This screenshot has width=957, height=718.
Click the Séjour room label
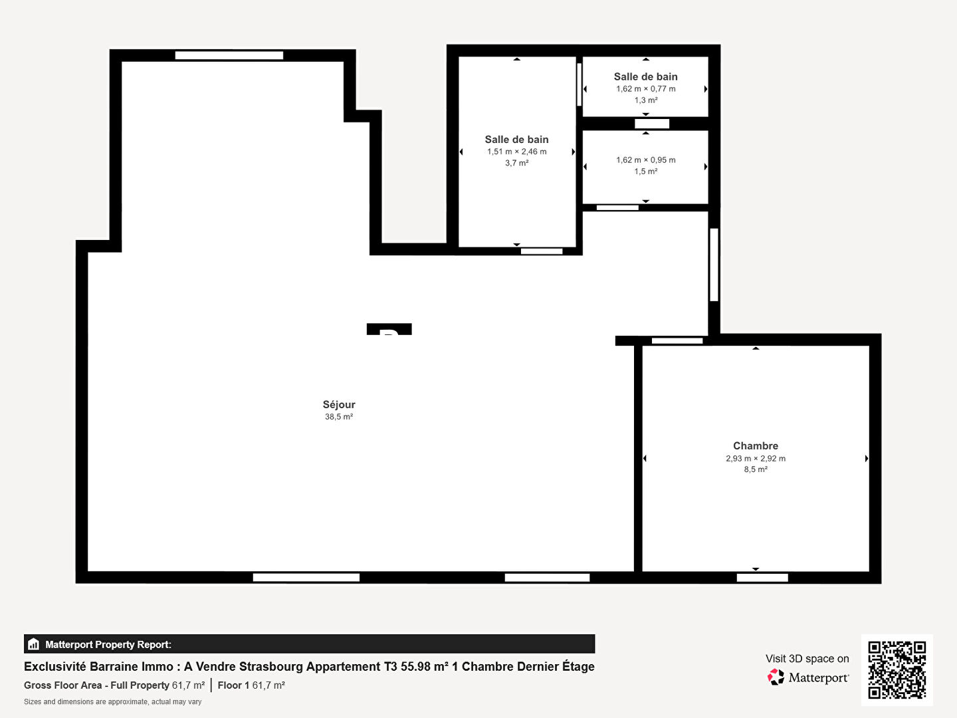pyautogui.click(x=339, y=405)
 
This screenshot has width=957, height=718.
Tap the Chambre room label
pyautogui.click(x=756, y=445)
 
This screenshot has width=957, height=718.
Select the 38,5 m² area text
pyautogui.click(x=339, y=417)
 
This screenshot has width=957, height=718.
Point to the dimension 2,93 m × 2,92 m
pyautogui.click(x=756, y=458)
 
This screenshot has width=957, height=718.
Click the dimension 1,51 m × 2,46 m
pyautogui.click(x=516, y=152)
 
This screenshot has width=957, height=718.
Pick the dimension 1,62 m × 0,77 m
pyautogui.click(x=646, y=89)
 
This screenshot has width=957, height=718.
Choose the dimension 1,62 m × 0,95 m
pyautogui.click(x=646, y=160)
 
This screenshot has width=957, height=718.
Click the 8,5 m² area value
pyautogui.click(x=756, y=469)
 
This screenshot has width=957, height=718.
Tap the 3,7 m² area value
pyautogui.click(x=516, y=163)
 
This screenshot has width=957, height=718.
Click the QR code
pyautogui.click(x=897, y=670)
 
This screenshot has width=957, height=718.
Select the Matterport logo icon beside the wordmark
pyautogui.click(x=776, y=677)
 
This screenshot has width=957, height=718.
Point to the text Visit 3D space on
pyautogui.click(x=807, y=659)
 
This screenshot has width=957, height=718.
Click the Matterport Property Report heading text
pyautogui.click(x=108, y=644)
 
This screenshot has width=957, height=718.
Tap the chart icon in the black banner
pyautogui.click(x=33, y=644)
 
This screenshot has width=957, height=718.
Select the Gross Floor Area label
pyautogui.click(x=96, y=685)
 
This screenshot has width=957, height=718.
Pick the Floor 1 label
pyautogui.click(x=233, y=685)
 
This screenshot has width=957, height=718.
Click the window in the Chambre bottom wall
pyautogui.click(x=762, y=578)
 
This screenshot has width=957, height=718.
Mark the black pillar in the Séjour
pyautogui.click(x=389, y=329)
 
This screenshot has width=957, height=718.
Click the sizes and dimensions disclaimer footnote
pyautogui.click(x=112, y=702)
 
